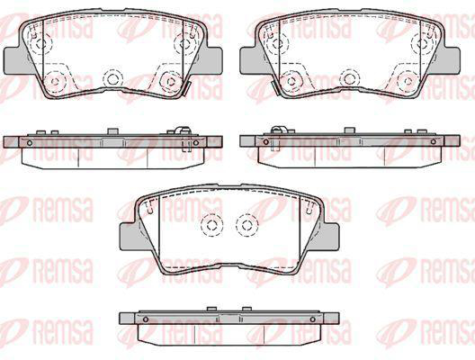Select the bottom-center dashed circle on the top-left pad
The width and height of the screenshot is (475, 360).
pyautogui.click(x=112, y=78)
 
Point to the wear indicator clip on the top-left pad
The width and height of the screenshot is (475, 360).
pyautogui.click(x=185, y=89)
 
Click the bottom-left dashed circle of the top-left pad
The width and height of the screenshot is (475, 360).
pyautogui.click(x=55, y=81)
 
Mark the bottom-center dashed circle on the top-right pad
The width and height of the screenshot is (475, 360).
pyautogui.click(x=350, y=78)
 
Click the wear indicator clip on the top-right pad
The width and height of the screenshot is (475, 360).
pyautogui.click(x=275, y=89)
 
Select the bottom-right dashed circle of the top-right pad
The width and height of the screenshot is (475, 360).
pyautogui.click(x=408, y=81)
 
